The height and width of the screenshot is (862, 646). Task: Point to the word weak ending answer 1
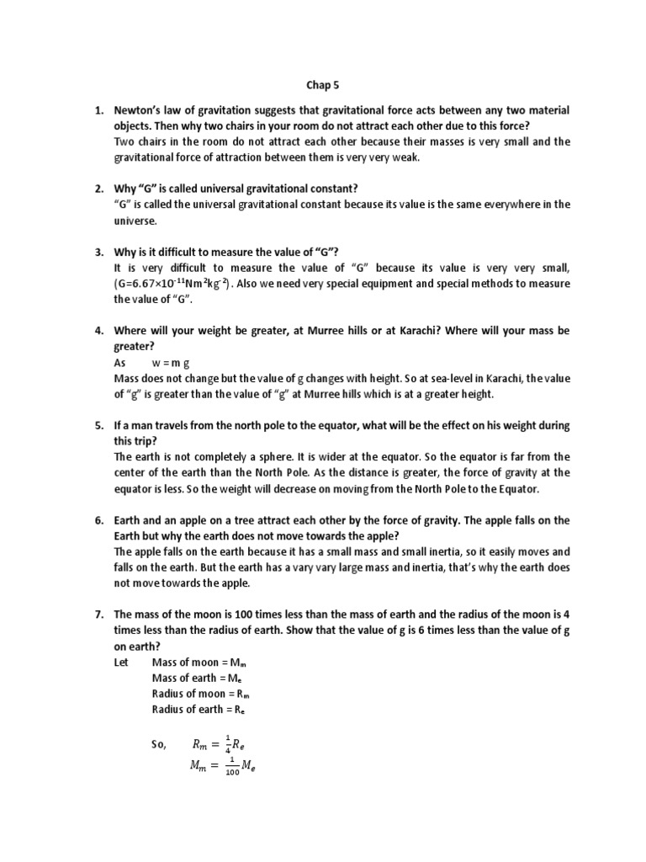point(402,157)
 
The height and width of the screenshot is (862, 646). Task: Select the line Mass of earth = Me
point(199,678)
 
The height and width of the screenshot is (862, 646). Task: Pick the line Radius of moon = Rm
point(202,694)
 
